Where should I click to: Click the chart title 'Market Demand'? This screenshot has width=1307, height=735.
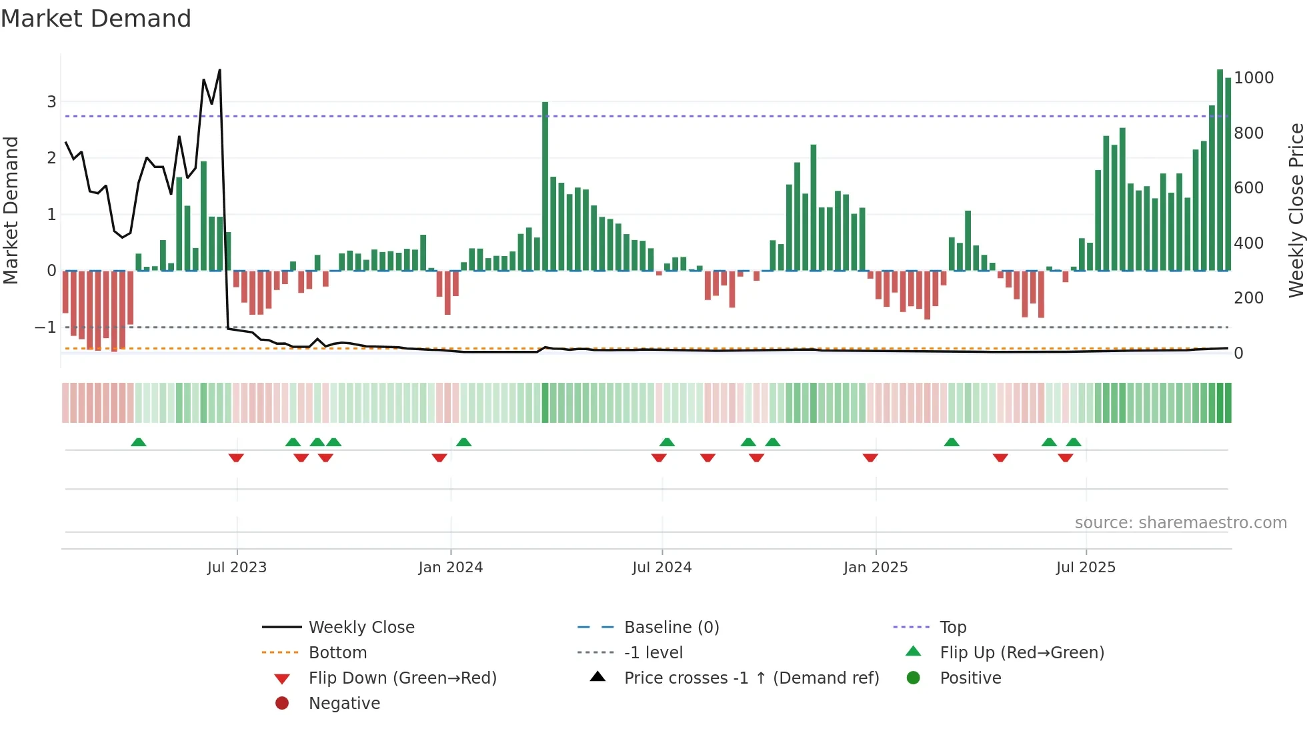(96, 19)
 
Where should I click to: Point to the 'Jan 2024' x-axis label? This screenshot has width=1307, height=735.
(450, 567)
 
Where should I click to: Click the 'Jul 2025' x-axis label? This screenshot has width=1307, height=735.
(1085, 567)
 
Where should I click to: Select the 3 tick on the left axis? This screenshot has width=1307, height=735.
(51, 102)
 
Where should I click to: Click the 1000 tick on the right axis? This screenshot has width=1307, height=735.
(1253, 78)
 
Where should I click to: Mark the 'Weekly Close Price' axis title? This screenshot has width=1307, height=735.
(1296, 210)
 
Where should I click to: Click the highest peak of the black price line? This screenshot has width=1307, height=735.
(219, 71)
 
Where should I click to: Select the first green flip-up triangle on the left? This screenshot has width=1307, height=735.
(138, 442)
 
